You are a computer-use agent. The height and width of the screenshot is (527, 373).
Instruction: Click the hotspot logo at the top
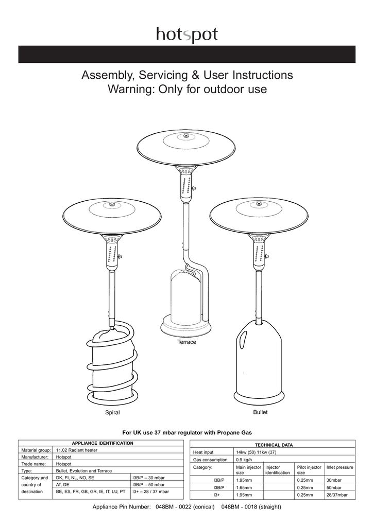(x=187, y=35)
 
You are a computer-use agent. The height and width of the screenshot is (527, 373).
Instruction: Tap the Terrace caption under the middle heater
(x=186, y=342)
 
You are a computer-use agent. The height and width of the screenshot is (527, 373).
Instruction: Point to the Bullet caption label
(x=260, y=412)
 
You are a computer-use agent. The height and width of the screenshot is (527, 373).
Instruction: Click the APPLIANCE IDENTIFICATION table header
(x=96, y=443)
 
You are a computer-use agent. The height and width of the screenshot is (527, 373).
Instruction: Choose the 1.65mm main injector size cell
(x=244, y=487)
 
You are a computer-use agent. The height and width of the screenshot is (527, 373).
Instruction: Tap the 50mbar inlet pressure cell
(x=334, y=487)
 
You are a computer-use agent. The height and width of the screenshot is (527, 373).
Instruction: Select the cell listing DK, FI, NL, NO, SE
(x=75, y=478)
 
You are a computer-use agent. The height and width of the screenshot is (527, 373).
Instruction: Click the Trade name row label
(x=32, y=464)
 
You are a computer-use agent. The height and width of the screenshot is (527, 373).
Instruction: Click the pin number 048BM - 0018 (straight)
(x=251, y=507)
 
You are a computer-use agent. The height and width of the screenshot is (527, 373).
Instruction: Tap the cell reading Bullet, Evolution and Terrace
(x=83, y=470)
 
